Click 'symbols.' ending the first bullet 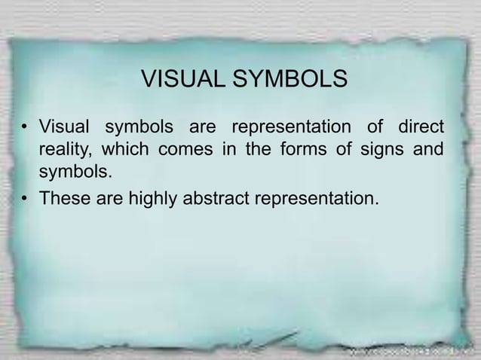click(x=75, y=173)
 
